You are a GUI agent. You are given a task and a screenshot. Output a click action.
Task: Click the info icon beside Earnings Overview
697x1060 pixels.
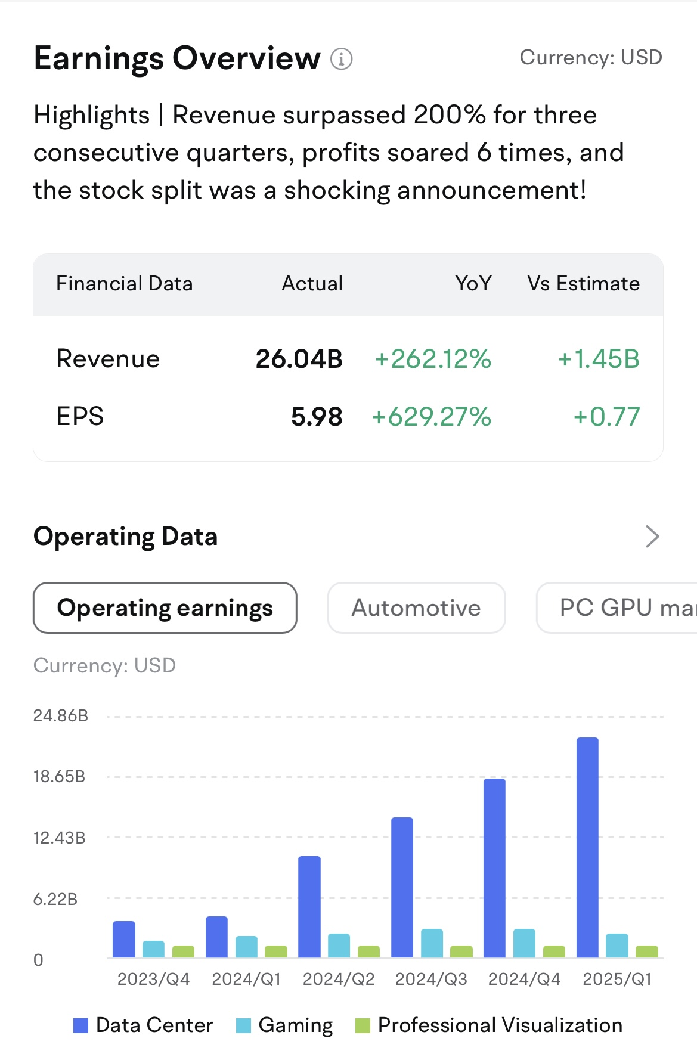(x=342, y=59)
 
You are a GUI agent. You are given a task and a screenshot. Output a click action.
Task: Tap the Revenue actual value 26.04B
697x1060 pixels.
(x=299, y=359)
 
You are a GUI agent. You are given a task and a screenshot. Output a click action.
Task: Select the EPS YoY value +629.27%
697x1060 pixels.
(x=431, y=417)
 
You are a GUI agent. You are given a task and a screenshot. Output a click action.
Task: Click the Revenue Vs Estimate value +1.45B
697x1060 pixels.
(x=598, y=359)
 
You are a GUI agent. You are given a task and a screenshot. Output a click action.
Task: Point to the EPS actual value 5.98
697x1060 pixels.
(x=317, y=417)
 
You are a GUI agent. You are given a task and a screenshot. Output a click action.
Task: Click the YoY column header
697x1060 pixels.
(x=473, y=283)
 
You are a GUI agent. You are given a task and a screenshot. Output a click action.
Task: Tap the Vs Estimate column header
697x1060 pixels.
(x=583, y=283)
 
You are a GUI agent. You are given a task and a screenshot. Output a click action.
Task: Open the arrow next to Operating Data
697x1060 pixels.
(x=652, y=537)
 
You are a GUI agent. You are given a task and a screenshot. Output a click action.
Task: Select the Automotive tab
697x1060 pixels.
(x=416, y=608)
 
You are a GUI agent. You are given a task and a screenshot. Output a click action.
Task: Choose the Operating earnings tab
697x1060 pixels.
(x=165, y=608)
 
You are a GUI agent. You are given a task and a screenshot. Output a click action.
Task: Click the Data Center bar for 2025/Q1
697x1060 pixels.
(x=587, y=847)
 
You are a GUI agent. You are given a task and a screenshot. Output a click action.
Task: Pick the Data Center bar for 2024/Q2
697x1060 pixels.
(x=309, y=907)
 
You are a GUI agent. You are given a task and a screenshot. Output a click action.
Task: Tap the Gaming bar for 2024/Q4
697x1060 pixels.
(x=524, y=943)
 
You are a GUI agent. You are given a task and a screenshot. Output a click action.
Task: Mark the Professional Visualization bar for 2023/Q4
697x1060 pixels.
(x=183, y=951)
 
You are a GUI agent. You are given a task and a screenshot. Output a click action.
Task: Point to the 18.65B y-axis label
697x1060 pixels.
(x=59, y=776)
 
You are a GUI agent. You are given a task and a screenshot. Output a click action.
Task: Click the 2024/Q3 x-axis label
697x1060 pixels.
(x=431, y=979)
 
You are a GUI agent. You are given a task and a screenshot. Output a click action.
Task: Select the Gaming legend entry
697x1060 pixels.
(x=284, y=1025)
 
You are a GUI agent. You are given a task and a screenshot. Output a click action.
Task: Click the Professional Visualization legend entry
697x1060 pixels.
(x=489, y=1025)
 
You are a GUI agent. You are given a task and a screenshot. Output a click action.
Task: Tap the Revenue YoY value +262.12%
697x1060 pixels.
(x=433, y=359)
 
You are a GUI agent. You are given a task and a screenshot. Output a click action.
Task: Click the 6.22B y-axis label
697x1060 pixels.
(x=55, y=899)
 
